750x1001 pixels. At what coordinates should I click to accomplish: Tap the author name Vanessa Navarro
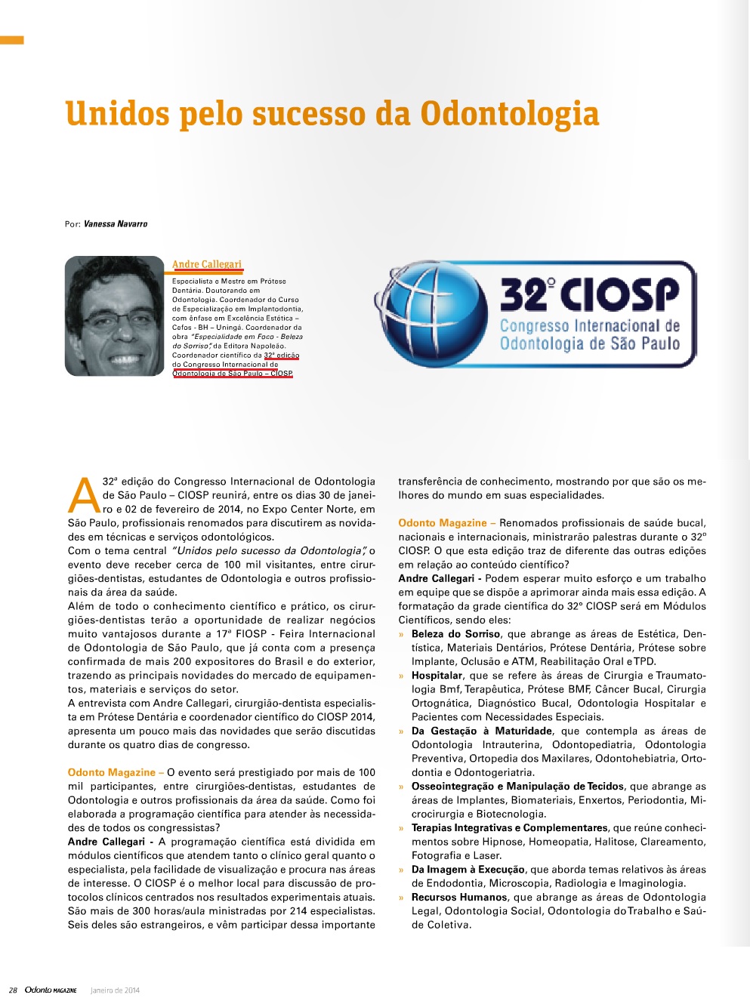[x=116, y=224]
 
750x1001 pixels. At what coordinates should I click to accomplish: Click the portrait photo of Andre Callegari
[x=114, y=316]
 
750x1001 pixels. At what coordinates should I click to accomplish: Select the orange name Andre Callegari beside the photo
[x=207, y=264]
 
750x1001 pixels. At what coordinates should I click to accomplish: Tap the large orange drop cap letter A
[x=84, y=495]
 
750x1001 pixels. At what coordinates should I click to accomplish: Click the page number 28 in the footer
[x=13, y=990]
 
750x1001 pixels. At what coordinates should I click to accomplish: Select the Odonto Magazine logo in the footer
[x=51, y=990]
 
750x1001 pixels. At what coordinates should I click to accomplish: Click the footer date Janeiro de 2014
[x=115, y=990]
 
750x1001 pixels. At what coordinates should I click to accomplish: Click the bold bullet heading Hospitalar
[x=437, y=676]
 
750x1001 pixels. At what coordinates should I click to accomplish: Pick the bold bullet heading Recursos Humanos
[x=459, y=898]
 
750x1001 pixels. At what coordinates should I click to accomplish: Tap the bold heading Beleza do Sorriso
[x=455, y=634]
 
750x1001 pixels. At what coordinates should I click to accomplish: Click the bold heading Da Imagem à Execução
[x=468, y=870]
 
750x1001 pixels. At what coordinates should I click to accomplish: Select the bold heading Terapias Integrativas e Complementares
[x=509, y=828]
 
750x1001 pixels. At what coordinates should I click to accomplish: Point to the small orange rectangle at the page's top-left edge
[x=11, y=40]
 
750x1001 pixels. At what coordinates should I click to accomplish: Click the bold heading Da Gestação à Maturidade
[x=481, y=731]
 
